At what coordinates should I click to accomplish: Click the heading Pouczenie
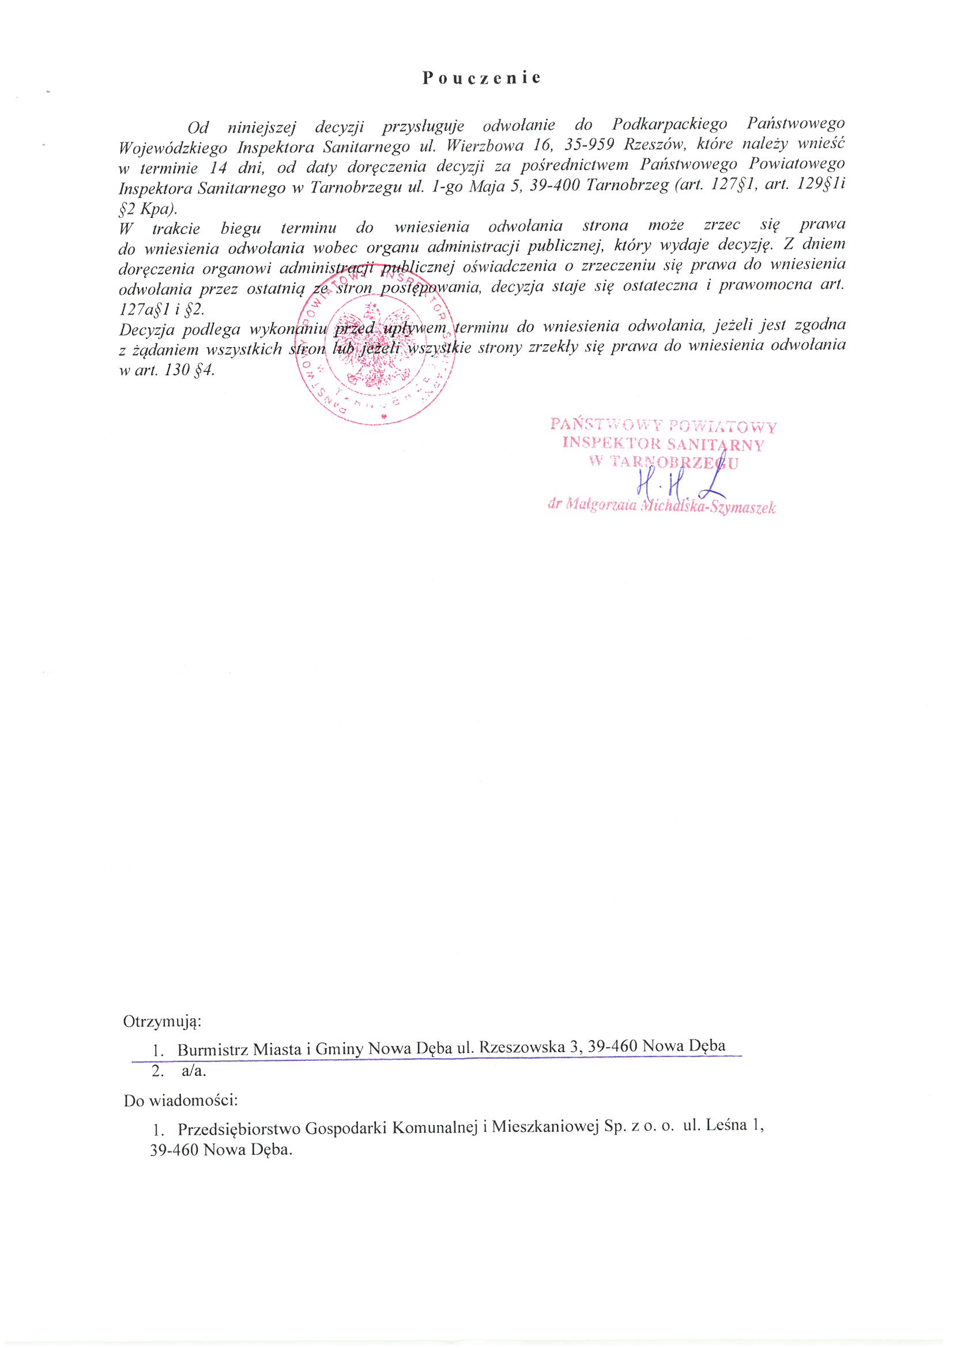click(x=481, y=78)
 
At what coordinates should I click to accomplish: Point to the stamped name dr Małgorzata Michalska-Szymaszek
click(x=661, y=506)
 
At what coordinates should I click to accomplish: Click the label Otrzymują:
click(x=162, y=1022)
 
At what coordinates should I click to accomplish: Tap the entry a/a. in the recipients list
click(x=194, y=1071)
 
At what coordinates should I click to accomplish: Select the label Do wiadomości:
click(x=180, y=1100)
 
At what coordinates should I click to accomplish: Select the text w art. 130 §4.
click(x=167, y=371)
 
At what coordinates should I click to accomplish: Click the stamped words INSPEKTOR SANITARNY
click(x=663, y=443)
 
